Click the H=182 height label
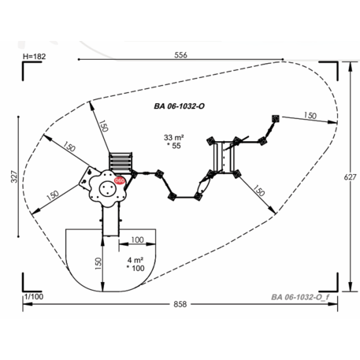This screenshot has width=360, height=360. tap(34, 57)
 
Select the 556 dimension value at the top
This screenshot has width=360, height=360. tap(180, 55)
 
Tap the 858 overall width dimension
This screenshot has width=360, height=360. tap(180, 304)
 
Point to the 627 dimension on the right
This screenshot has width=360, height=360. tap(350, 177)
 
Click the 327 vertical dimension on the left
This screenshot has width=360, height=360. tap(14, 176)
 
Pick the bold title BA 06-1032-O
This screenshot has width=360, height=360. tap(180, 106)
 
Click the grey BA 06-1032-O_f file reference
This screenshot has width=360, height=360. tap(300, 297)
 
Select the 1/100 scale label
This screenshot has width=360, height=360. tap(34, 297)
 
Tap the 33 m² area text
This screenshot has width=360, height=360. tap(173, 137)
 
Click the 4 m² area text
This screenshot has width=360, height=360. tap(135, 260)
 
